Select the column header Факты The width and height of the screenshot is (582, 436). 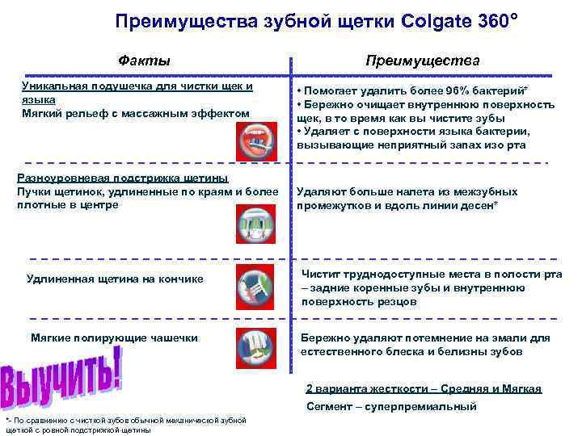[144, 61]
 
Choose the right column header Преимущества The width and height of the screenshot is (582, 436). [422, 61]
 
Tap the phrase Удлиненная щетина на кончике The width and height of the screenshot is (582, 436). [115, 279]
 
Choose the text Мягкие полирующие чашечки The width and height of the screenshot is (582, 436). [114, 337]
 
